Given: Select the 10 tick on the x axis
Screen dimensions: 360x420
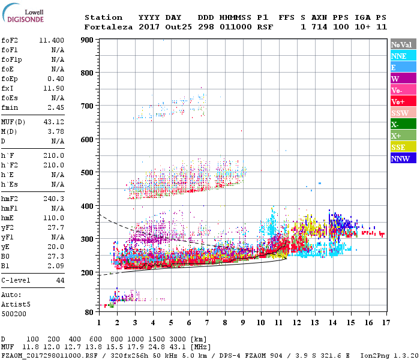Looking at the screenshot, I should [x=260, y=322].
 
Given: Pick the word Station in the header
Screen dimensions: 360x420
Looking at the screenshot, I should [x=103, y=17].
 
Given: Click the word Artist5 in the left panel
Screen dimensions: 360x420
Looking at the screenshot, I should [x=16, y=304].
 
